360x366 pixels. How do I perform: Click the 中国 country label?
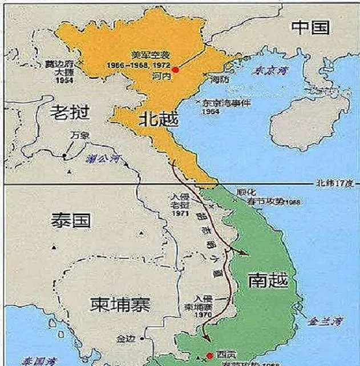tap(311, 27)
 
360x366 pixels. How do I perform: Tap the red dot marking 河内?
tap(176, 69)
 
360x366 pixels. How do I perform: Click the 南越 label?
tap(268, 280)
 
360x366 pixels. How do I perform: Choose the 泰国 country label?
tap(71, 221)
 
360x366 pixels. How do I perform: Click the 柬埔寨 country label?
tap(120, 305)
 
